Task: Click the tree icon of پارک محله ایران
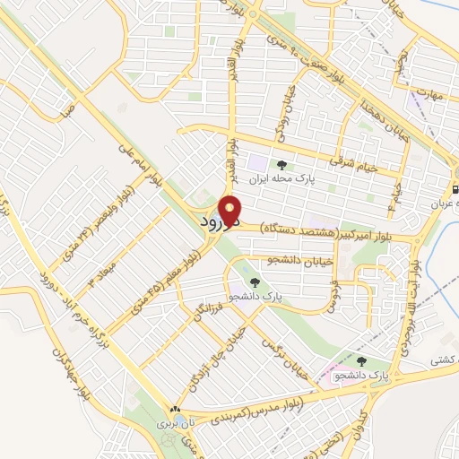pyautogui.click(x=281, y=165)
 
